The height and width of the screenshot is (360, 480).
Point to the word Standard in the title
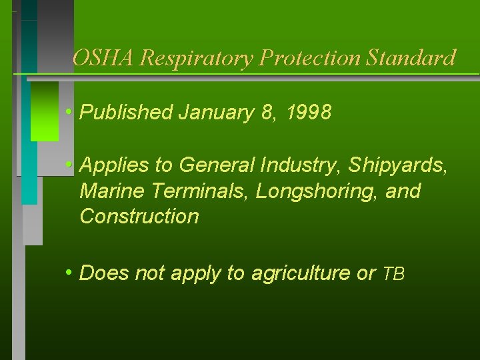(411, 58)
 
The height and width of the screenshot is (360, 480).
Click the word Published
(126, 113)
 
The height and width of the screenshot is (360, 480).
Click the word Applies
(109, 165)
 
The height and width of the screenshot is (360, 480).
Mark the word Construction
(139, 217)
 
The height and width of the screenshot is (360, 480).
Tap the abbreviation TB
(393, 274)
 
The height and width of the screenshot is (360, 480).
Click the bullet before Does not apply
(69, 272)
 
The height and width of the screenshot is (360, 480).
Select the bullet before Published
(69, 111)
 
